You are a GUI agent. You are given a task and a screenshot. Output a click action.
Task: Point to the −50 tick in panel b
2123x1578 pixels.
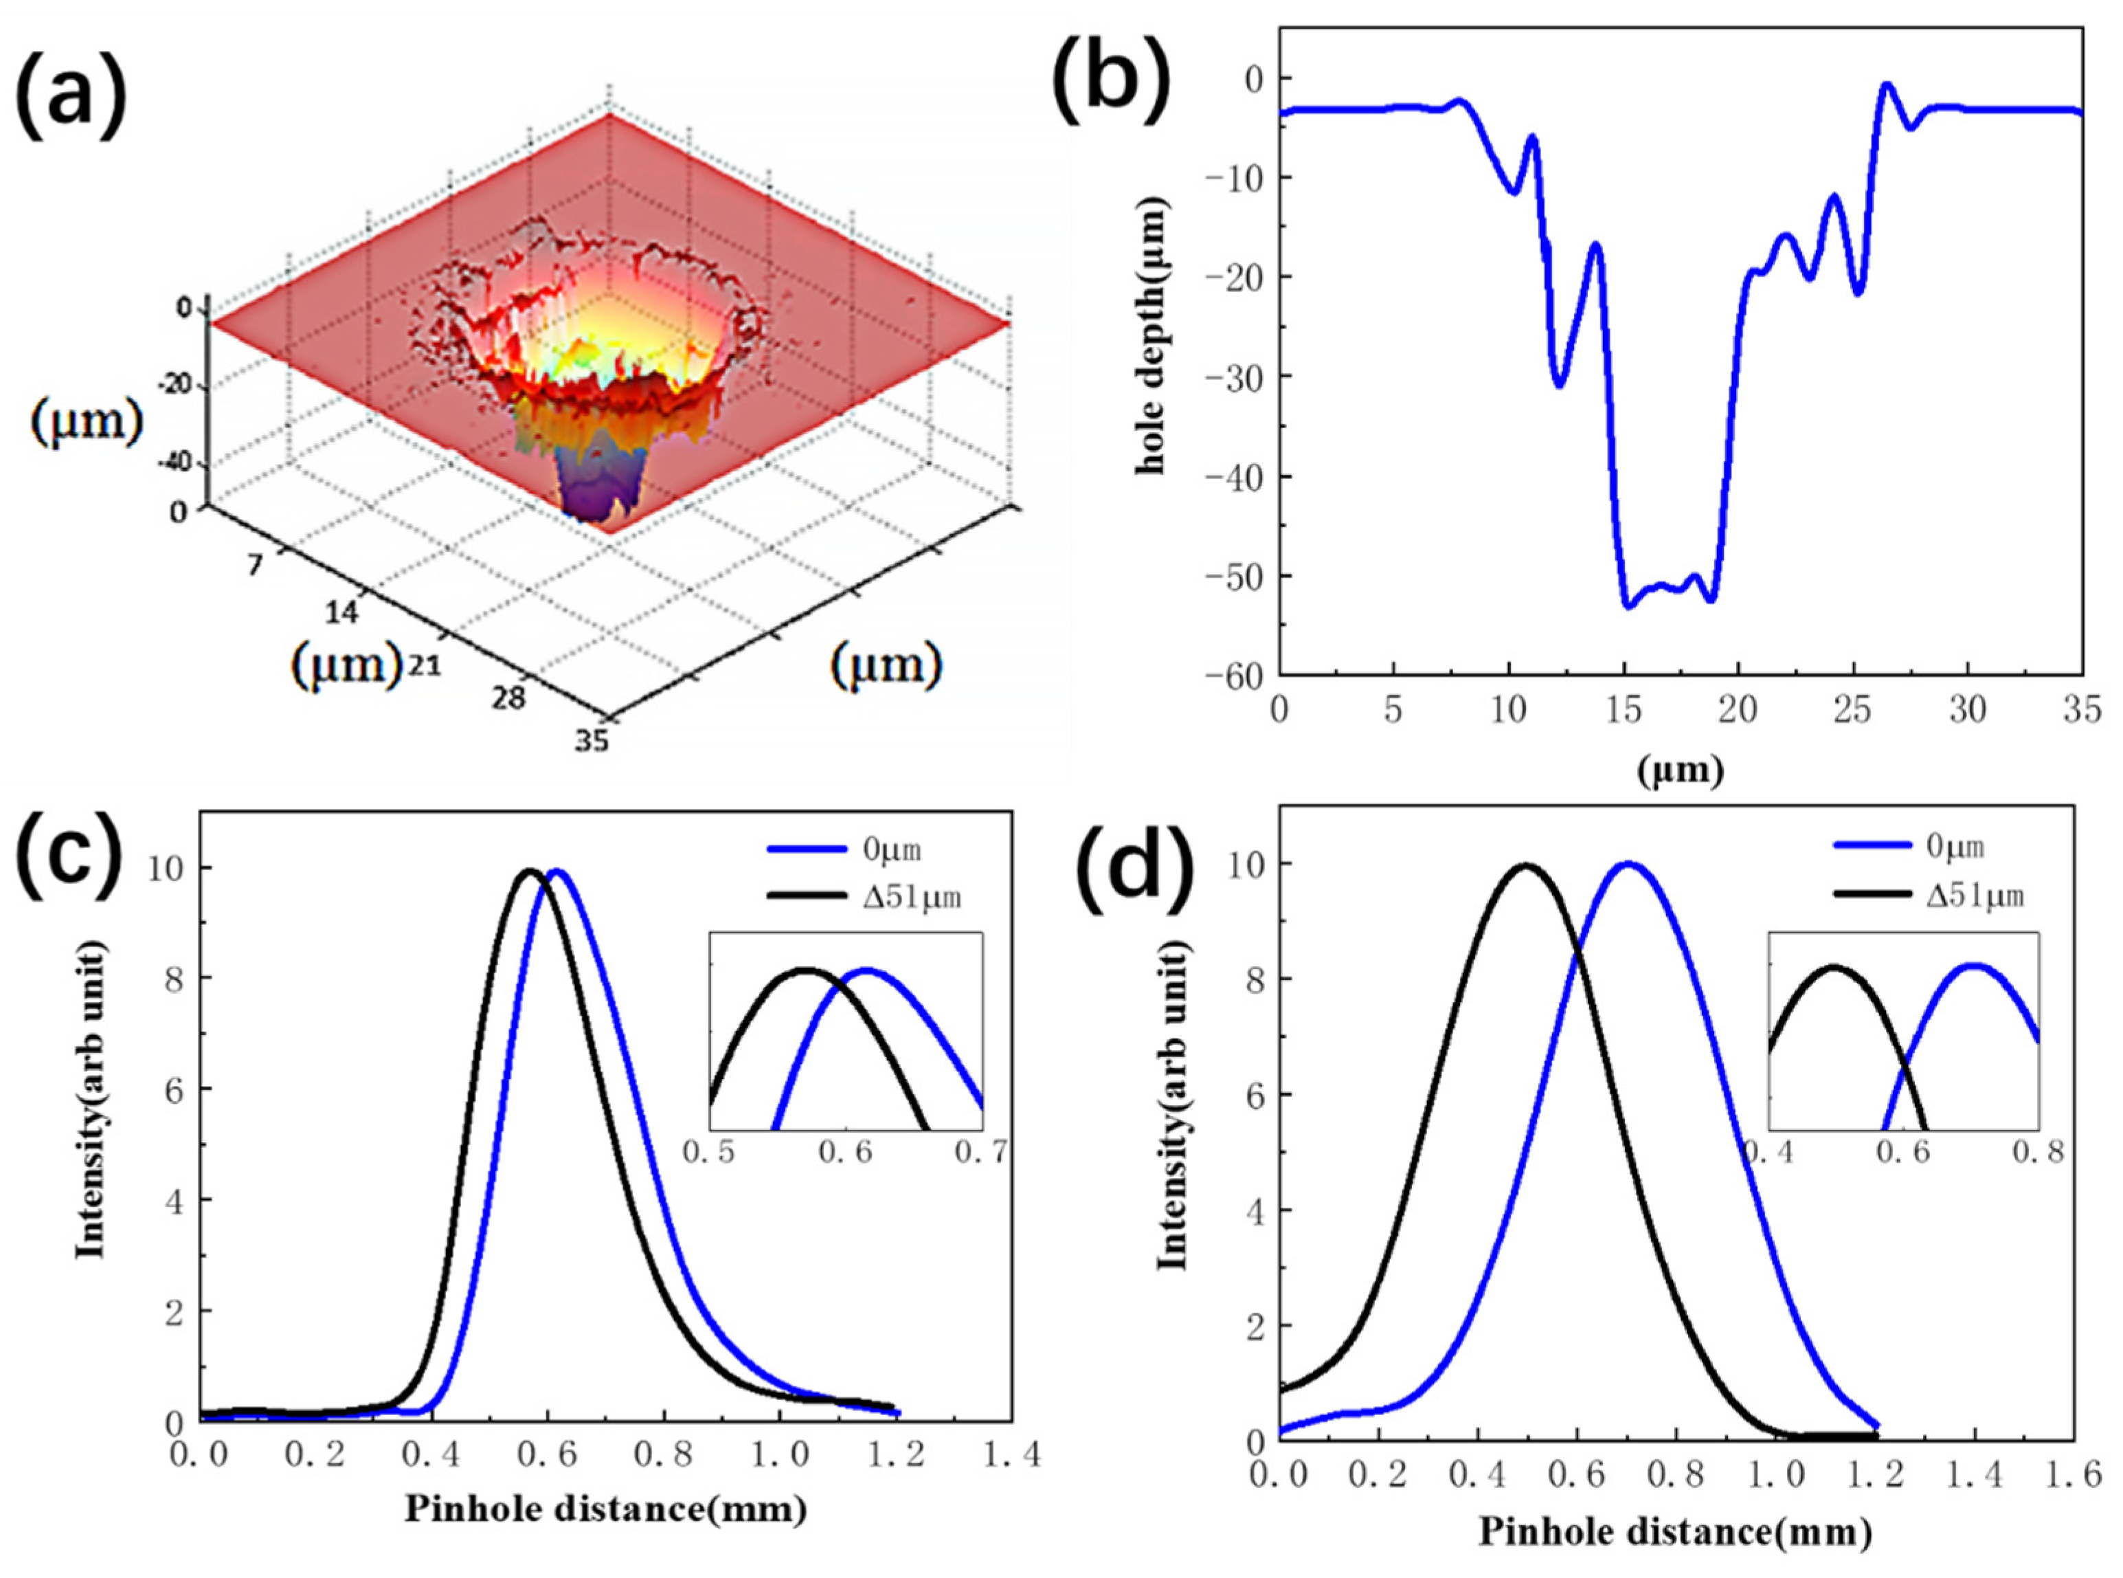point(1235,576)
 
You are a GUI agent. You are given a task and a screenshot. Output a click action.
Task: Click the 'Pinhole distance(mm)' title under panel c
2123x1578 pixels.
point(607,1509)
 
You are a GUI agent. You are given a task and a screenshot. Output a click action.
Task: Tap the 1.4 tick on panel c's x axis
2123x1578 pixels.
point(1011,1455)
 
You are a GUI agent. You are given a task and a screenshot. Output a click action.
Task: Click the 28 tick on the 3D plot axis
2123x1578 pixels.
point(509,698)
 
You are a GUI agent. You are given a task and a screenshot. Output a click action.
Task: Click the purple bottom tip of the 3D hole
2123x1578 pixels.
point(597,507)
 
